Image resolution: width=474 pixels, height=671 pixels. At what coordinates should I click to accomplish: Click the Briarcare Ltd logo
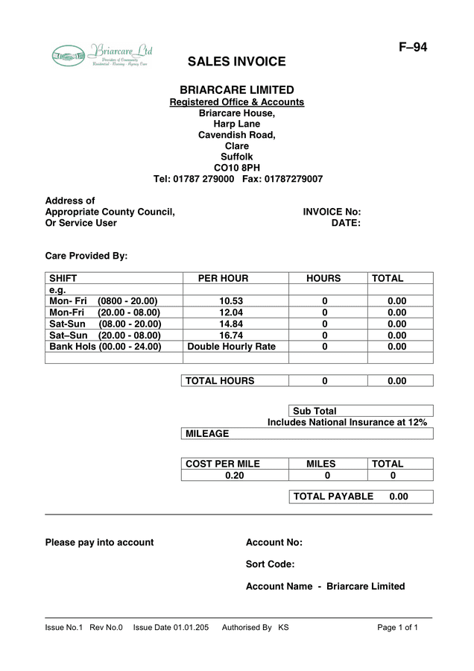click(x=102, y=55)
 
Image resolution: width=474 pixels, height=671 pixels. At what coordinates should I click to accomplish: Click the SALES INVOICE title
click(x=236, y=62)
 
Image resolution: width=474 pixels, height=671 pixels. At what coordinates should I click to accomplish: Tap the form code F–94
click(x=413, y=48)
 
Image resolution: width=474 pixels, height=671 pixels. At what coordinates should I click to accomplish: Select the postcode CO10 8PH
click(x=237, y=168)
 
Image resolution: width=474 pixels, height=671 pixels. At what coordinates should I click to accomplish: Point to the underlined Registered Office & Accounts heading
click(x=237, y=102)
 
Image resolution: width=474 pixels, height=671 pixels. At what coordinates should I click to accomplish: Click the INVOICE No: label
click(x=332, y=212)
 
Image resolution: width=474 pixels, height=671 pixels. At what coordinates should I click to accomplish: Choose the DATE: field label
click(x=346, y=223)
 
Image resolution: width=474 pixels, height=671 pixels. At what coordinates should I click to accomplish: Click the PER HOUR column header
click(x=223, y=278)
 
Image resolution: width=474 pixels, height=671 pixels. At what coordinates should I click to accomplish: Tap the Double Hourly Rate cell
click(x=231, y=347)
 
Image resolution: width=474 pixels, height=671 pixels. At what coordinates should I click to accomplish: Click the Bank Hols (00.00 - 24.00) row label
click(x=105, y=347)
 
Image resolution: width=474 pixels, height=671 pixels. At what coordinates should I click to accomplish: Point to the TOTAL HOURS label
click(x=220, y=381)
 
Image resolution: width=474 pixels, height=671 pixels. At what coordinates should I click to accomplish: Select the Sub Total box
click(x=361, y=411)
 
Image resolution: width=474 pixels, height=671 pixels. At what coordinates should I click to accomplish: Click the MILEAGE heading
click(x=207, y=433)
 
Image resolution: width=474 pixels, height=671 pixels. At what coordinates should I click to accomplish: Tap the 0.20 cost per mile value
click(x=235, y=475)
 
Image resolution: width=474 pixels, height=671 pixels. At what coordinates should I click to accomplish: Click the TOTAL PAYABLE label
click(x=333, y=497)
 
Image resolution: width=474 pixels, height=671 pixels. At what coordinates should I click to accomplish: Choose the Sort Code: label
click(x=270, y=564)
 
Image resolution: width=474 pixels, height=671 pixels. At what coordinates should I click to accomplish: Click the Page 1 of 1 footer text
click(x=397, y=628)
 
